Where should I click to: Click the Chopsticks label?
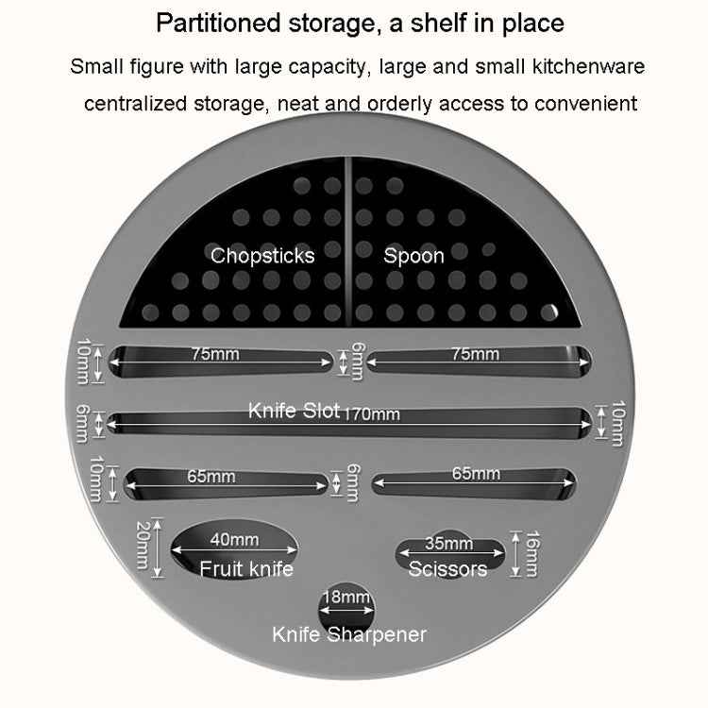point(262,256)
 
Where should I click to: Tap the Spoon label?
point(413,256)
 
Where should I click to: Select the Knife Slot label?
point(294,411)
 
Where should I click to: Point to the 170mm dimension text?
point(373,414)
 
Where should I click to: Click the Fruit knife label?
point(246,568)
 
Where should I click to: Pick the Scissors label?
point(447,568)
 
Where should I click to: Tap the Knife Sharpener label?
point(349,635)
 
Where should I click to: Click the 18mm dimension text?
point(346,597)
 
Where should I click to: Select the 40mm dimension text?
point(234,540)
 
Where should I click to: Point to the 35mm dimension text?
point(448,543)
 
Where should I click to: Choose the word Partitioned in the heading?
point(219,23)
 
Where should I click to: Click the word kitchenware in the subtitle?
point(589,66)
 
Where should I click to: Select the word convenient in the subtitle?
point(585,104)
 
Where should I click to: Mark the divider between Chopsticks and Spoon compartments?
point(348,242)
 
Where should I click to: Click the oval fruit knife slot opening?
point(234,549)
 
